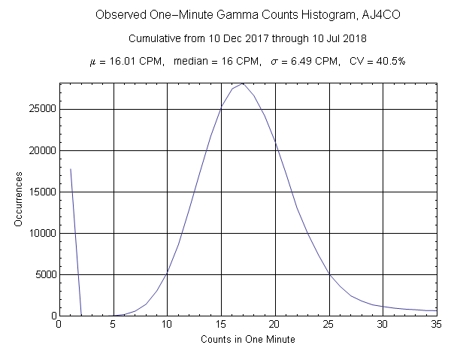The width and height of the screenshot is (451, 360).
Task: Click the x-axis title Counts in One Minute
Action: coord(248,340)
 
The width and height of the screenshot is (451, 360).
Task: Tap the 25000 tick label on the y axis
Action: coord(38,109)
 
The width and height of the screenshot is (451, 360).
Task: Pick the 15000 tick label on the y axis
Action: coord(38,192)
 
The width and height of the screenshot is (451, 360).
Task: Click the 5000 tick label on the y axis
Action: coord(41,274)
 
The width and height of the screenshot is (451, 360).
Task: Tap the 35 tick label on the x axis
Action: coord(437,325)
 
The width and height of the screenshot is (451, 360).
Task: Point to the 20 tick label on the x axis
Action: coord(275,325)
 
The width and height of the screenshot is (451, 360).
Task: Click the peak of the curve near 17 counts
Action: coord(243,83)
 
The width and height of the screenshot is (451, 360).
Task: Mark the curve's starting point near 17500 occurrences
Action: coord(70,169)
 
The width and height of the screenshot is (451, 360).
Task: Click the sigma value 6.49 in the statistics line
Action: coord(294,61)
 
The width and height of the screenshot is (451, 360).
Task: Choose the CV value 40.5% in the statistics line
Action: coord(389,61)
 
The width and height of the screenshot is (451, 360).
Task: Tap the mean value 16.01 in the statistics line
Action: coord(117,61)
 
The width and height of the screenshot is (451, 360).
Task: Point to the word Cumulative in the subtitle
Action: coord(154,38)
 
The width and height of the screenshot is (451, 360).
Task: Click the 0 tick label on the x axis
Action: coord(59,325)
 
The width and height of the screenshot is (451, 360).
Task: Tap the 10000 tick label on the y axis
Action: coord(38,233)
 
